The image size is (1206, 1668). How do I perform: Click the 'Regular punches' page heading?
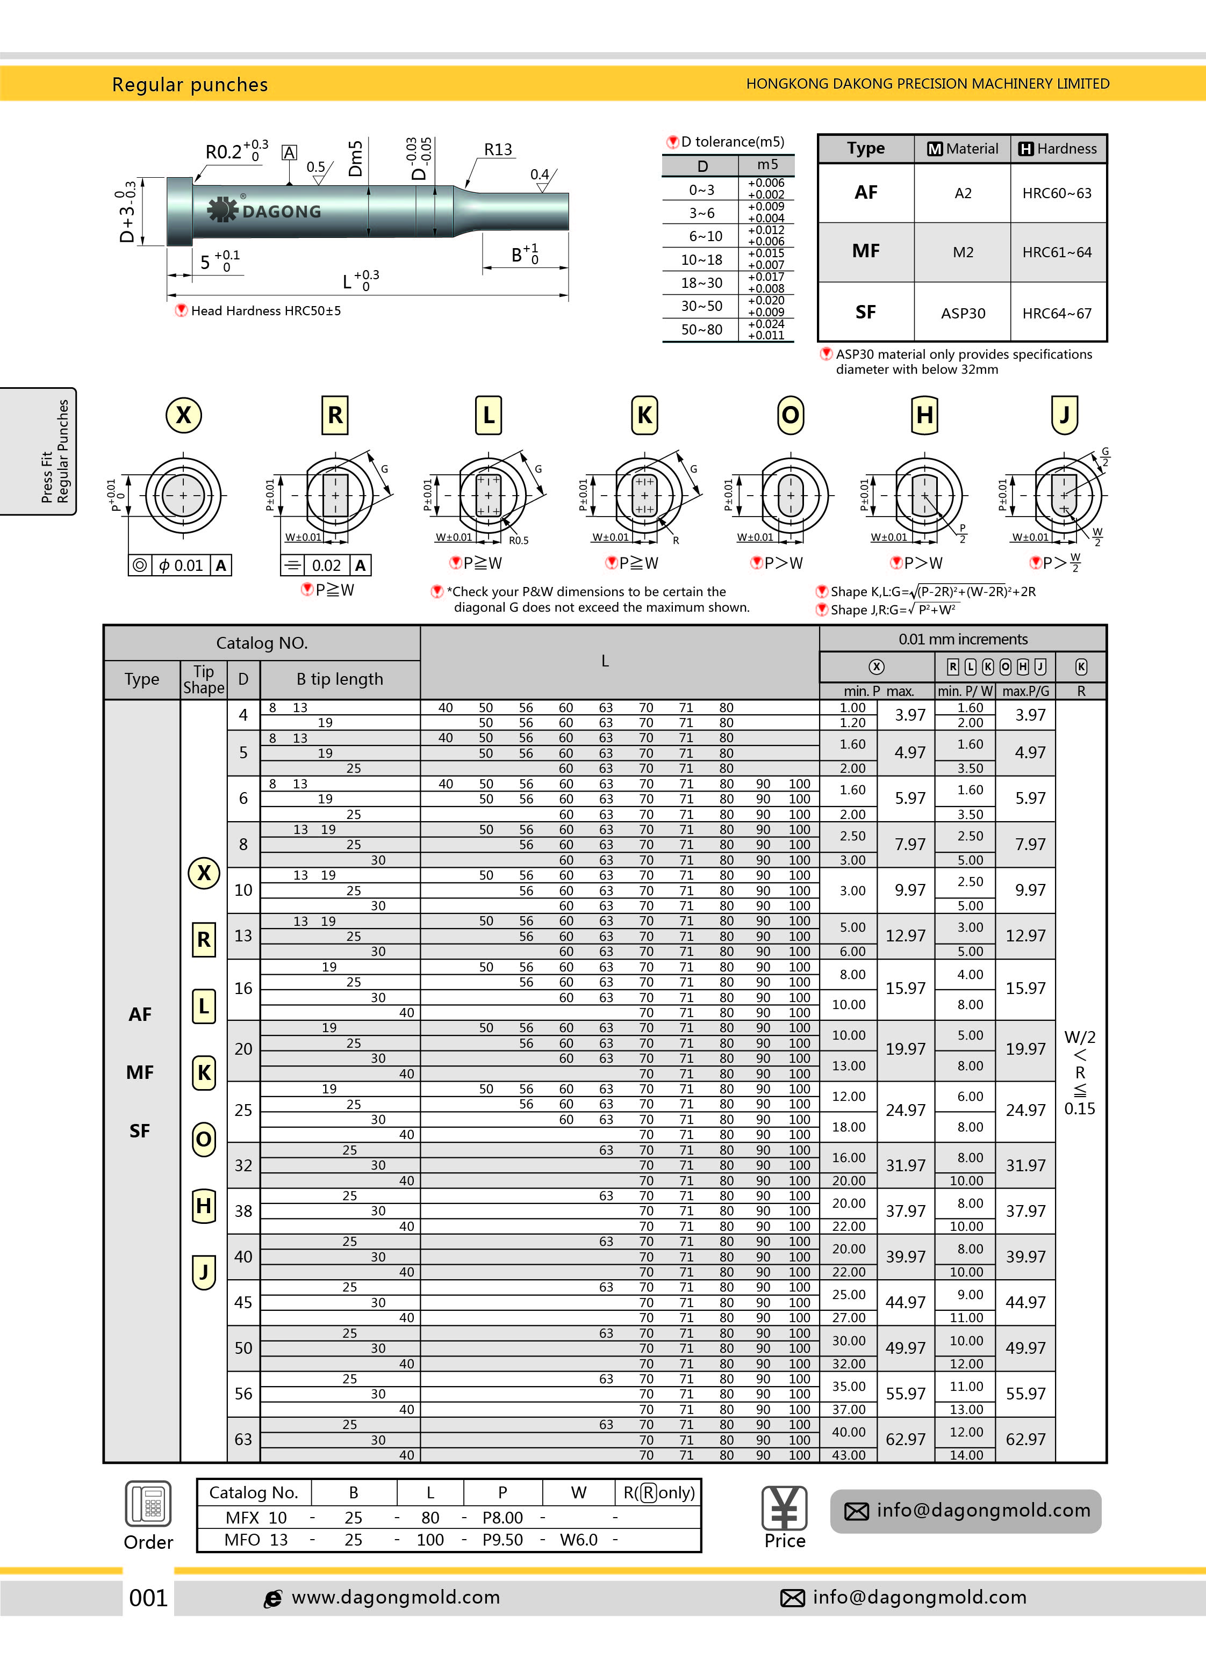pos(190,84)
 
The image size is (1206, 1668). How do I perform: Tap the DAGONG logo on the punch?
pos(264,211)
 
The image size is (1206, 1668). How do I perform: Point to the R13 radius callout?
pos(498,149)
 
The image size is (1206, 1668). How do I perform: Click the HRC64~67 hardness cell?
pos(1057,313)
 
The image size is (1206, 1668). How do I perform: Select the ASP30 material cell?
pos(963,313)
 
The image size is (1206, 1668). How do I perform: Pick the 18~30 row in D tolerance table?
pos(701,282)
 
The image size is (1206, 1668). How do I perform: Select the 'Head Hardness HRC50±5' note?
pos(265,310)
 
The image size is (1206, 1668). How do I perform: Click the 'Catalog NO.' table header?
pos(261,643)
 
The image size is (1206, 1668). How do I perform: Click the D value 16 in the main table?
pos(243,989)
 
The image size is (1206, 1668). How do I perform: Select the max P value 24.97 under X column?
pos(905,1110)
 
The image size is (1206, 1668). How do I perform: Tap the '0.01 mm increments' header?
pos(963,639)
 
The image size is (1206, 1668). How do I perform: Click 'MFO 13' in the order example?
pos(256,1539)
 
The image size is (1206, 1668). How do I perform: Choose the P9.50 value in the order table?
pos(502,1539)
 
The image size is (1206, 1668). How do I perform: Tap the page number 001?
pos(148,1598)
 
